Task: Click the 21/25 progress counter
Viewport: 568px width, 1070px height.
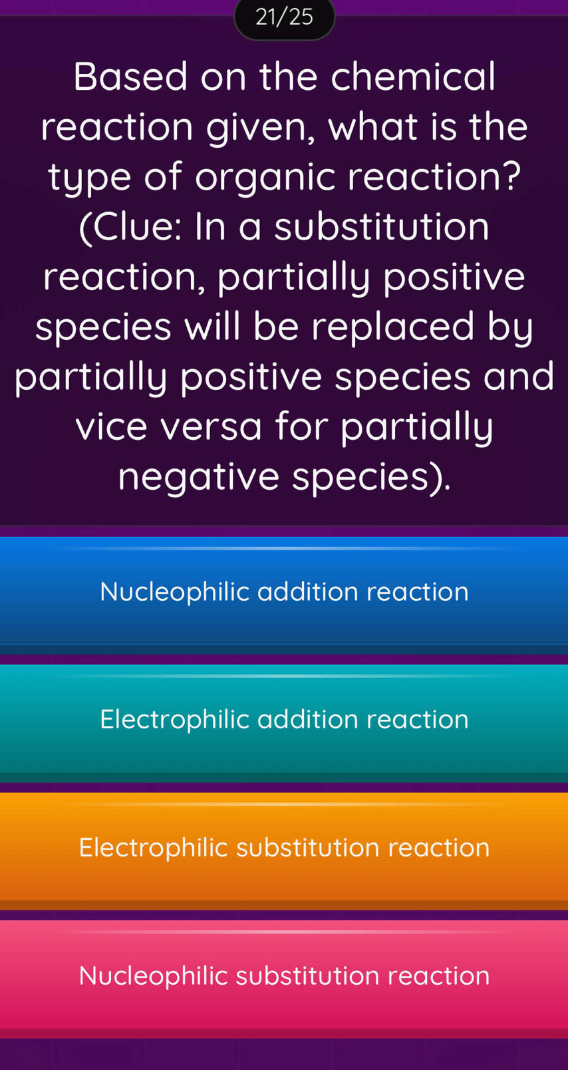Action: (284, 17)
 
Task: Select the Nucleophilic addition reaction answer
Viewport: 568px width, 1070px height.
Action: (284, 592)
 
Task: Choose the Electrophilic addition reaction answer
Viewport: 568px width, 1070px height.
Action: (284, 719)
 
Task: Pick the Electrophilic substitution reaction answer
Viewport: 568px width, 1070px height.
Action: (284, 848)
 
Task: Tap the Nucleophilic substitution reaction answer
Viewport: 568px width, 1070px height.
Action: (284, 976)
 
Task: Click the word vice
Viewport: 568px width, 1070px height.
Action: (110, 427)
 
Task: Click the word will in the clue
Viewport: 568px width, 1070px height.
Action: (214, 327)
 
